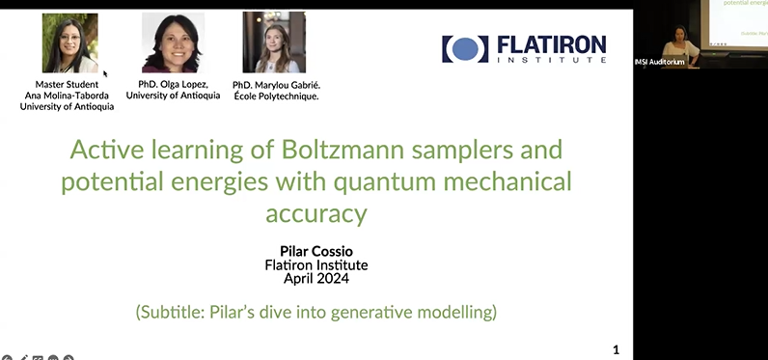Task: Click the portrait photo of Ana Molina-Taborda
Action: click(x=70, y=43)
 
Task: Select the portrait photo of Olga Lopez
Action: click(x=173, y=43)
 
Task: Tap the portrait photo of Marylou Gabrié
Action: click(x=274, y=43)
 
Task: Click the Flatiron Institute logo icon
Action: click(x=465, y=49)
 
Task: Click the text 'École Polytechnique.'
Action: click(x=275, y=97)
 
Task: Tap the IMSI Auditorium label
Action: click(x=659, y=62)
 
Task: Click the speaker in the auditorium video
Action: click(x=680, y=45)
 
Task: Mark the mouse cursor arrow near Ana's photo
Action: click(x=105, y=72)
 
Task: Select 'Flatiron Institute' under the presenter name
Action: click(x=317, y=265)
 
